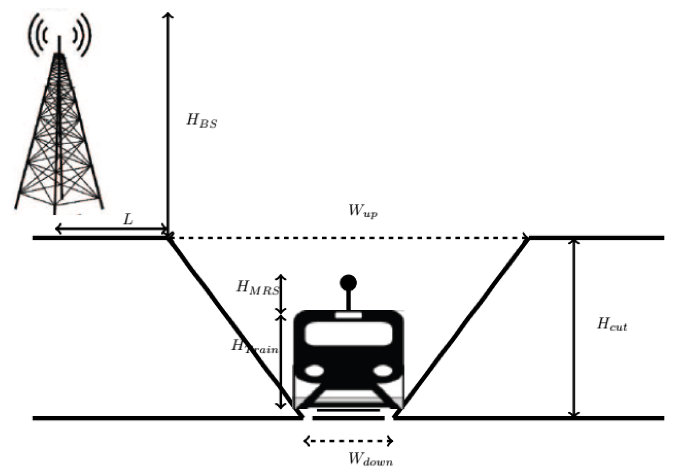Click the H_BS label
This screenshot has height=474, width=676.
point(202,121)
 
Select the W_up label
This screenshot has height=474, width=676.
point(362,211)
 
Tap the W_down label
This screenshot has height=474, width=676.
point(370,459)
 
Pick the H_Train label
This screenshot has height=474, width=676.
point(254,347)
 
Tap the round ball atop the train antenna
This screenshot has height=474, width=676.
point(348,283)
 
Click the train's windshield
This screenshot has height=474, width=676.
point(349,334)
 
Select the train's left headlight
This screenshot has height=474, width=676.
point(315,371)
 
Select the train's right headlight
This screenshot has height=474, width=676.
point(383,371)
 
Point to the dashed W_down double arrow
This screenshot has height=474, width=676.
point(348,441)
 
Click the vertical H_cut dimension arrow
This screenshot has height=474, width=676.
point(573,327)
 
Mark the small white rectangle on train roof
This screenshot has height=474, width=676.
point(348,315)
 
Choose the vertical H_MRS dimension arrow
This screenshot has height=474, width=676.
point(281,294)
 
